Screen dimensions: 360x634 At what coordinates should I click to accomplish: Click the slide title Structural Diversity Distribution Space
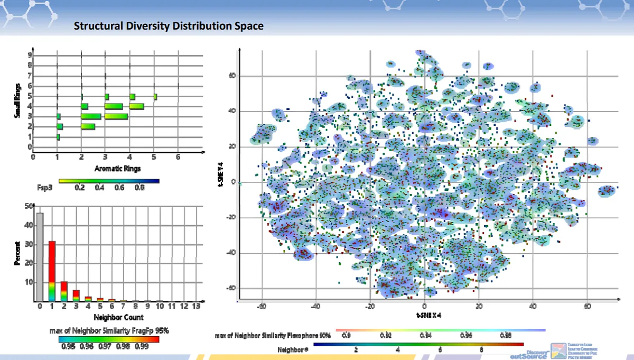click(x=168, y=26)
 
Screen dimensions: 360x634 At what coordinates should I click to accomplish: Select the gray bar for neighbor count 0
click(x=40, y=257)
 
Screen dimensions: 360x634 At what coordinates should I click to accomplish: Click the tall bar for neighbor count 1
click(x=52, y=270)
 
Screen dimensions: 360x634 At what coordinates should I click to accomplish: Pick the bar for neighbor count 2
click(x=64, y=291)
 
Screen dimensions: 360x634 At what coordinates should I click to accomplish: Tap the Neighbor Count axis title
click(x=119, y=318)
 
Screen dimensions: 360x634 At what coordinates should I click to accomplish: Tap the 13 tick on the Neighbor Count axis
click(x=197, y=306)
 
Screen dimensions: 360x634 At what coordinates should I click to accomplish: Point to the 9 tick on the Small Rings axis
click(x=30, y=54)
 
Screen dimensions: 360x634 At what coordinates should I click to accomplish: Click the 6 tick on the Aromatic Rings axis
click(x=178, y=156)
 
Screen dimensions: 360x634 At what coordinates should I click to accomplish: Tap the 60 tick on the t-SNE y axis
click(x=231, y=76)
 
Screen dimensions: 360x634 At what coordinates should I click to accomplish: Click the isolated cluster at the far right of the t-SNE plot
click(x=607, y=191)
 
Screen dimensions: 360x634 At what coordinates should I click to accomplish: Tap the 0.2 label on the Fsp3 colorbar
click(x=80, y=187)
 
